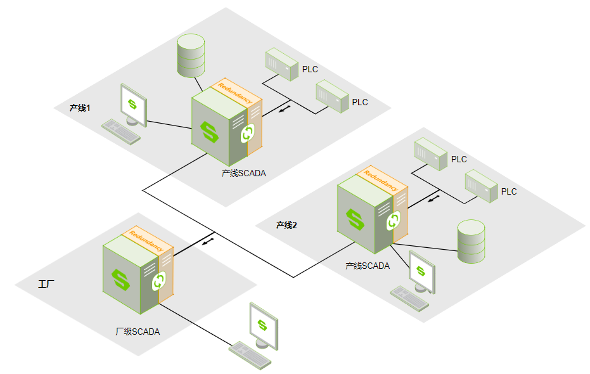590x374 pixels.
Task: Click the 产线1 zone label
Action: tap(80, 108)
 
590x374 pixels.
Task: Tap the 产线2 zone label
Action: tap(286, 225)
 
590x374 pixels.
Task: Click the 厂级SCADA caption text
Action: tap(138, 332)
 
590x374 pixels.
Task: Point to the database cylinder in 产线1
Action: tap(191, 56)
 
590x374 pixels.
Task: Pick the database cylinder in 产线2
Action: tap(471, 242)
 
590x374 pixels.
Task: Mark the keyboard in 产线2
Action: tap(409, 297)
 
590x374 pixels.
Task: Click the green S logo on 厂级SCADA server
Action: tap(120, 280)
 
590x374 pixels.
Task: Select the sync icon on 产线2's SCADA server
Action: tap(393, 221)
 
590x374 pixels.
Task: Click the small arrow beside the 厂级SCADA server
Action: tap(208, 241)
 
